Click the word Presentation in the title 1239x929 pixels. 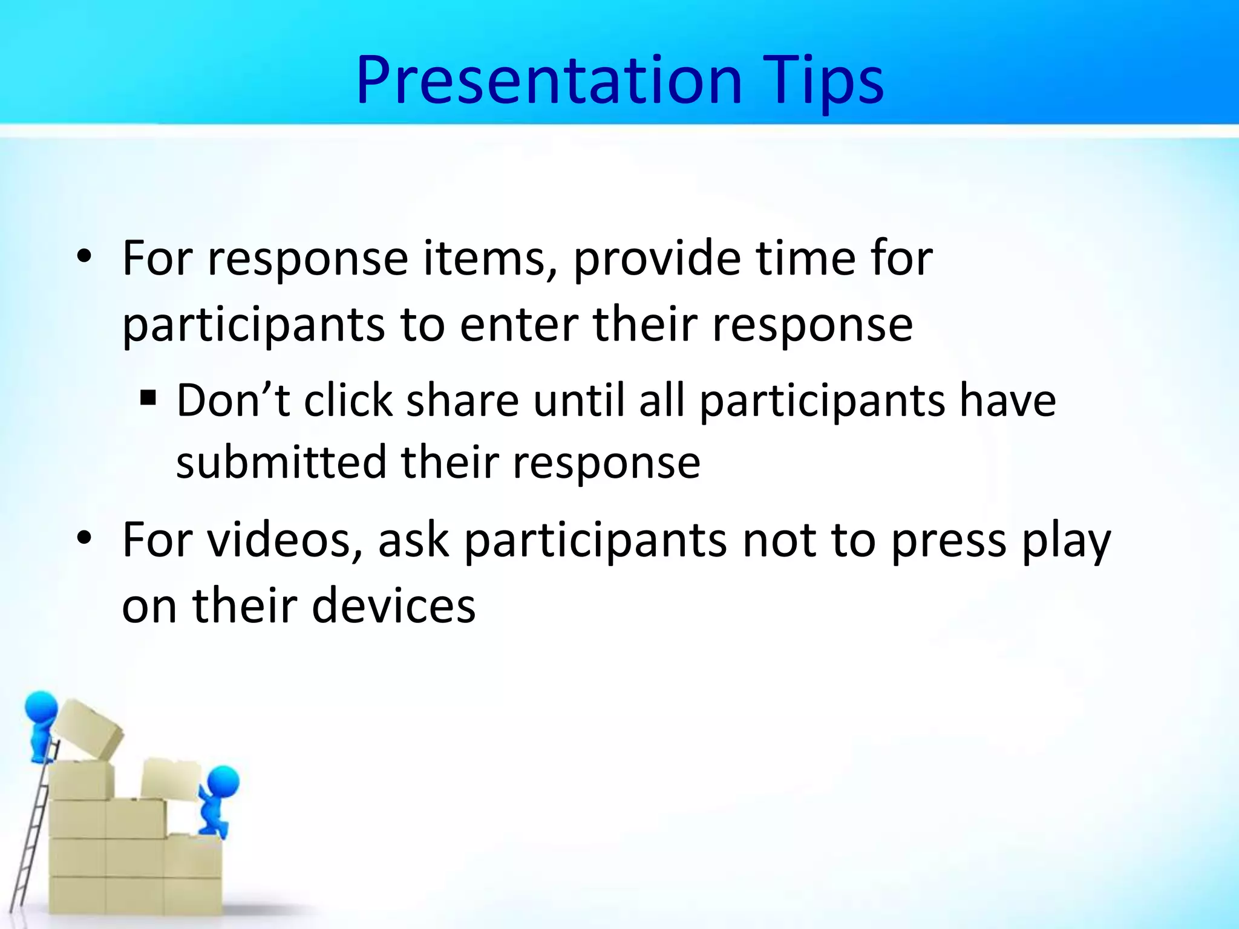[548, 80]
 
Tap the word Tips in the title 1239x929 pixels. [823, 80]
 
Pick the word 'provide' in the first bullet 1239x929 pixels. [656, 259]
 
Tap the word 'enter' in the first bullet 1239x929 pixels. [518, 325]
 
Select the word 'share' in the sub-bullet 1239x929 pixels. [462, 400]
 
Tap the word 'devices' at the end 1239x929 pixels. [393, 606]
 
